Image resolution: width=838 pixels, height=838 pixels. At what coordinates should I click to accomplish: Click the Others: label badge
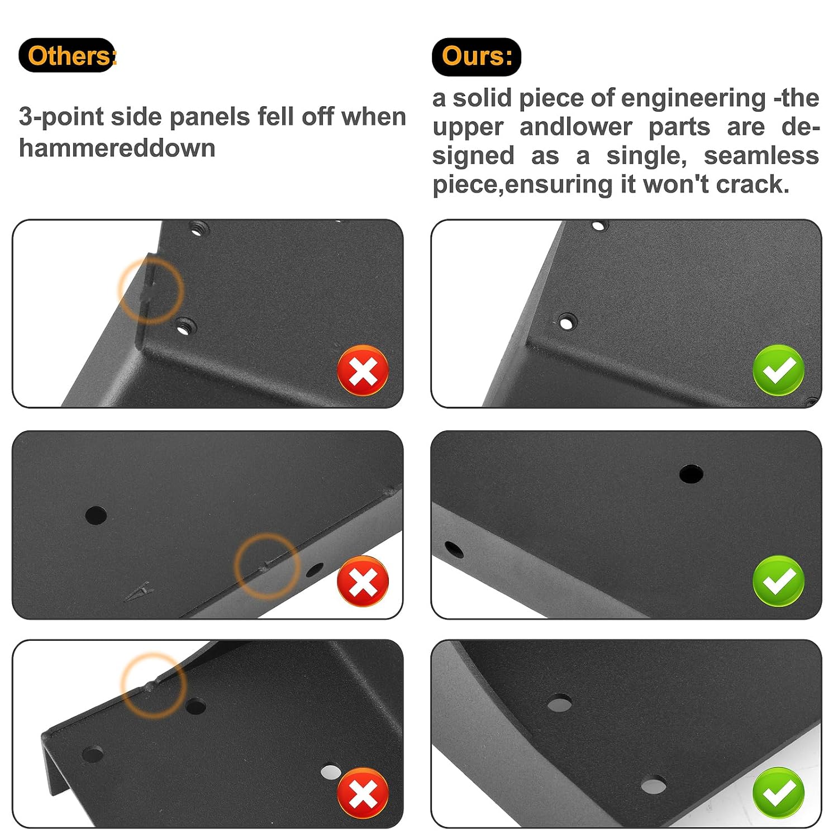click(x=67, y=56)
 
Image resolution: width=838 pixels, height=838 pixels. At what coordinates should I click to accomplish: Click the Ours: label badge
click(x=477, y=56)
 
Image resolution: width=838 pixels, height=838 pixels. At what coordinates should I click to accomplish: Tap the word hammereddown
click(x=117, y=148)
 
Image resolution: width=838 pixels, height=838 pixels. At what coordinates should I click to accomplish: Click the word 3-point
click(x=62, y=117)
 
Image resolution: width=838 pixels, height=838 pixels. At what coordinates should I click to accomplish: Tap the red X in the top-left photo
click(x=363, y=370)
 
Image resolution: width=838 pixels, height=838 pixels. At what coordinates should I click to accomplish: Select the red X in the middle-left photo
click(x=363, y=581)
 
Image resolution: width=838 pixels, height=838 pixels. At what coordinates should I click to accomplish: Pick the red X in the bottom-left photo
click(x=363, y=793)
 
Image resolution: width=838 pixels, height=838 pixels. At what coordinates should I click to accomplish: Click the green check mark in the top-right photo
click(x=779, y=370)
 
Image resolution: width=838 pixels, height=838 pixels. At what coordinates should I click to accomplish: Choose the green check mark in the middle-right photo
click(x=779, y=581)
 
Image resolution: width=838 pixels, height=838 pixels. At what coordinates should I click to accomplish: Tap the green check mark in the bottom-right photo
click(x=779, y=792)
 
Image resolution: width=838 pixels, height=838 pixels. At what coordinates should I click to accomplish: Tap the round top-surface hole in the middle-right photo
click(x=691, y=474)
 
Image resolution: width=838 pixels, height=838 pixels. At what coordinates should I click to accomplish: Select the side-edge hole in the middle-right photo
click(x=454, y=550)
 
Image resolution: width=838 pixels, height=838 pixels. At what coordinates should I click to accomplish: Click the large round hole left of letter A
click(x=96, y=515)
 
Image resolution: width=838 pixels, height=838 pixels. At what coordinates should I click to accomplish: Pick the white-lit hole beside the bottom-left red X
click(x=331, y=772)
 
